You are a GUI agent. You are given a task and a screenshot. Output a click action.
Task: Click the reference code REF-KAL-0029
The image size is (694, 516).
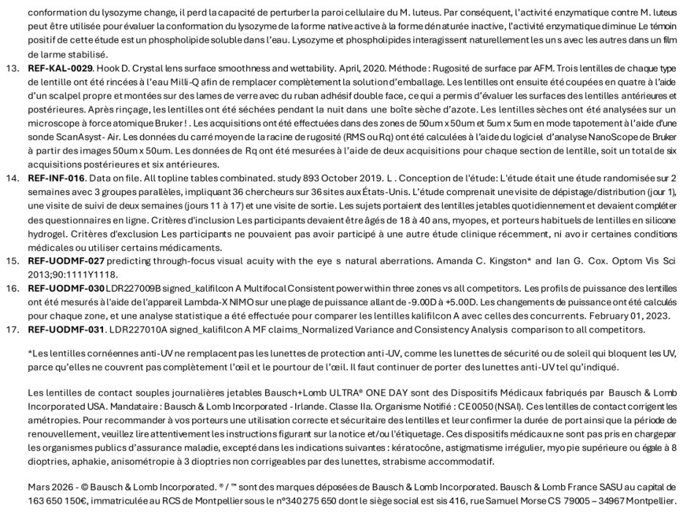click(x=60, y=68)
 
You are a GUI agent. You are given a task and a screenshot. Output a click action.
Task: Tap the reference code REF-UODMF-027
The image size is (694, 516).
click(x=66, y=260)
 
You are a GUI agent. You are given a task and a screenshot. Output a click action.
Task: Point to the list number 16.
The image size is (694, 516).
click(x=12, y=288)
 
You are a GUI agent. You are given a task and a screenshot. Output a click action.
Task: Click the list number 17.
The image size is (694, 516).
click(x=12, y=329)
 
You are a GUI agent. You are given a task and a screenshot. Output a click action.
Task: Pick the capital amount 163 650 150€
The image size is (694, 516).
click(x=58, y=501)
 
